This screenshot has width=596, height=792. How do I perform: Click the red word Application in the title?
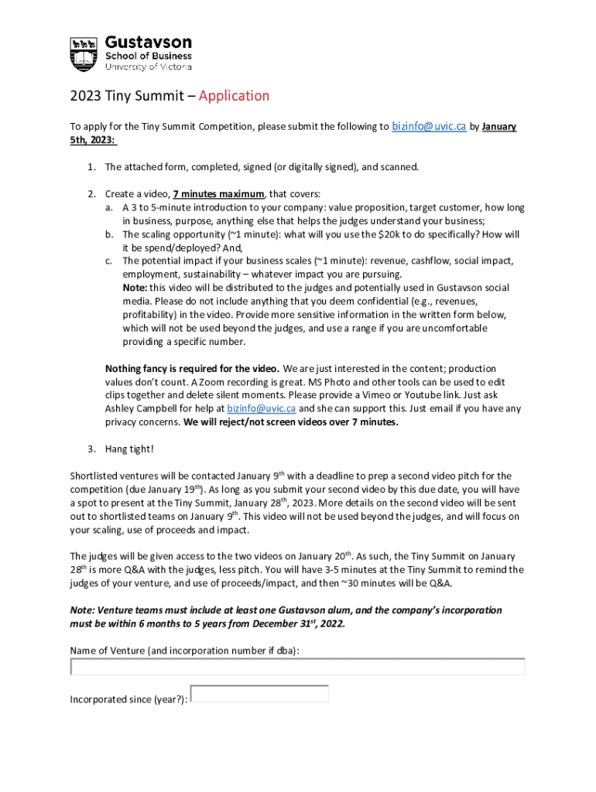click(x=234, y=96)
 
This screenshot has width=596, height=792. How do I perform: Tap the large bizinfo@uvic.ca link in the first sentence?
click(x=429, y=126)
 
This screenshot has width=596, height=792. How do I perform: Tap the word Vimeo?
click(x=413, y=395)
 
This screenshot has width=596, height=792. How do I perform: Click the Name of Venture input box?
click(x=297, y=667)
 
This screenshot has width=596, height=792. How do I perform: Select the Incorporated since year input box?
click(x=259, y=694)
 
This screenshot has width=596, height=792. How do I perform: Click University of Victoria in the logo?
click(x=148, y=67)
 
